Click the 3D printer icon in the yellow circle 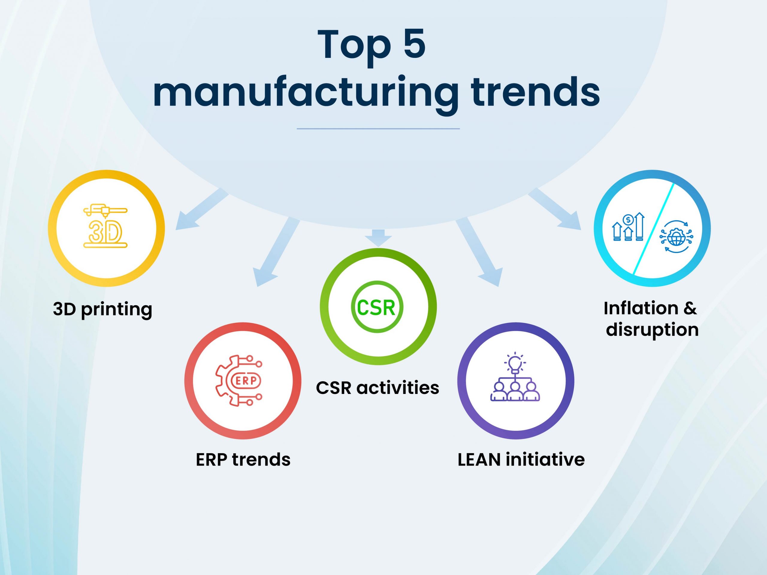[105, 225]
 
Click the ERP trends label [243, 460]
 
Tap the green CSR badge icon [377, 307]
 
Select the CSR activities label [378, 388]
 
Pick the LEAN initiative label [521, 460]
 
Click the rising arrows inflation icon [628, 227]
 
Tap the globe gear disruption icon [676, 236]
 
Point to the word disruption [652, 330]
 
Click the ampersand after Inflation [690, 308]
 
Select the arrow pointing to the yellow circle [202, 209]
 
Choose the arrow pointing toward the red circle [276, 252]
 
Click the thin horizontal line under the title [378, 129]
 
